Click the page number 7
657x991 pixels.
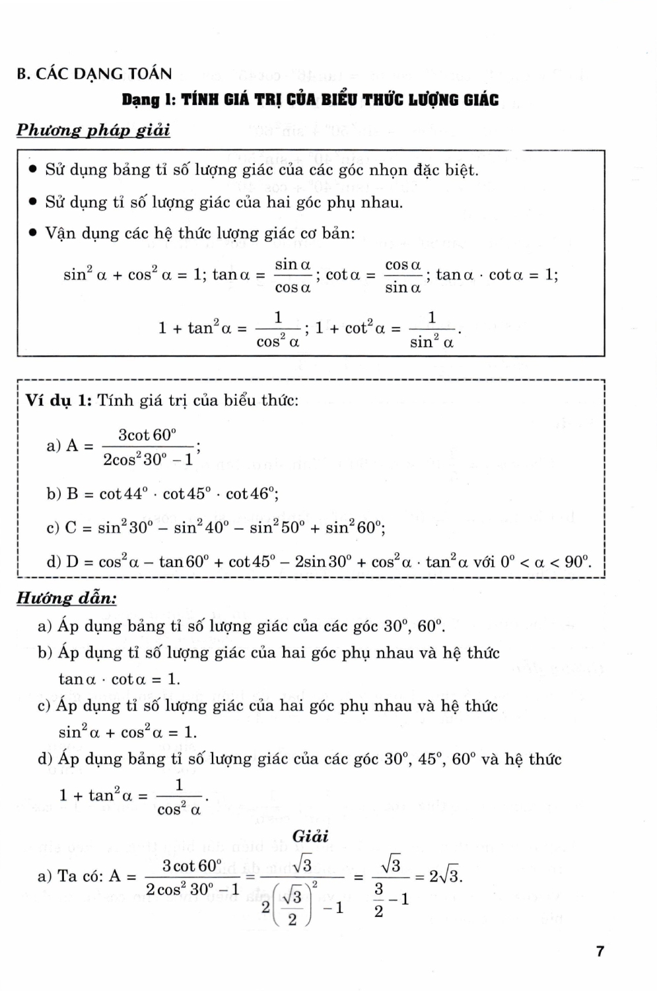click(600, 951)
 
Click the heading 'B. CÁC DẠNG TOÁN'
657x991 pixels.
click(94, 73)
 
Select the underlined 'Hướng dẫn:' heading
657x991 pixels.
click(67, 599)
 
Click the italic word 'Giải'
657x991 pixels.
click(310, 836)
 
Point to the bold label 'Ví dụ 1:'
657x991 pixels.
click(59, 400)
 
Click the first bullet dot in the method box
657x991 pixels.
click(32, 170)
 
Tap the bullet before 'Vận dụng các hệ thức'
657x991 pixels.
click(32, 234)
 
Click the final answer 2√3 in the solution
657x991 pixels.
click(445, 877)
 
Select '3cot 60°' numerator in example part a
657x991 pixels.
click(147, 435)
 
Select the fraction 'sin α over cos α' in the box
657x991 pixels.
click(293, 275)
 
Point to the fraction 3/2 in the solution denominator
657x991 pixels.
click(379, 900)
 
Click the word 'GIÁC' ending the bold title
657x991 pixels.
click(480, 100)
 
